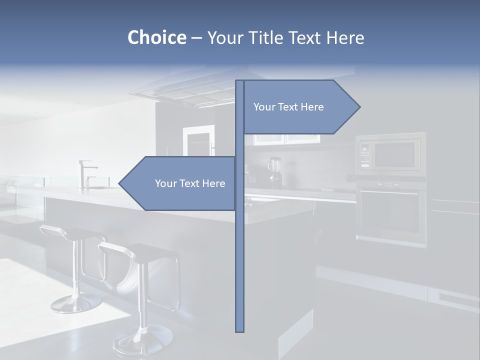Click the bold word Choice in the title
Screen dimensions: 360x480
pyautogui.click(x=156, y=37)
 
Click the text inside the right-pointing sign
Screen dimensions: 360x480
pyautogui.click(x=288, y=107)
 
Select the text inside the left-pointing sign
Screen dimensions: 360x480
pyautogui.click(x=190, y=183)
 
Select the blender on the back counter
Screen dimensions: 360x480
pyautogui.click(x=274, y=171)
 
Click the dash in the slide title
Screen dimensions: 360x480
pyautogui.click(x=196, y=38)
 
